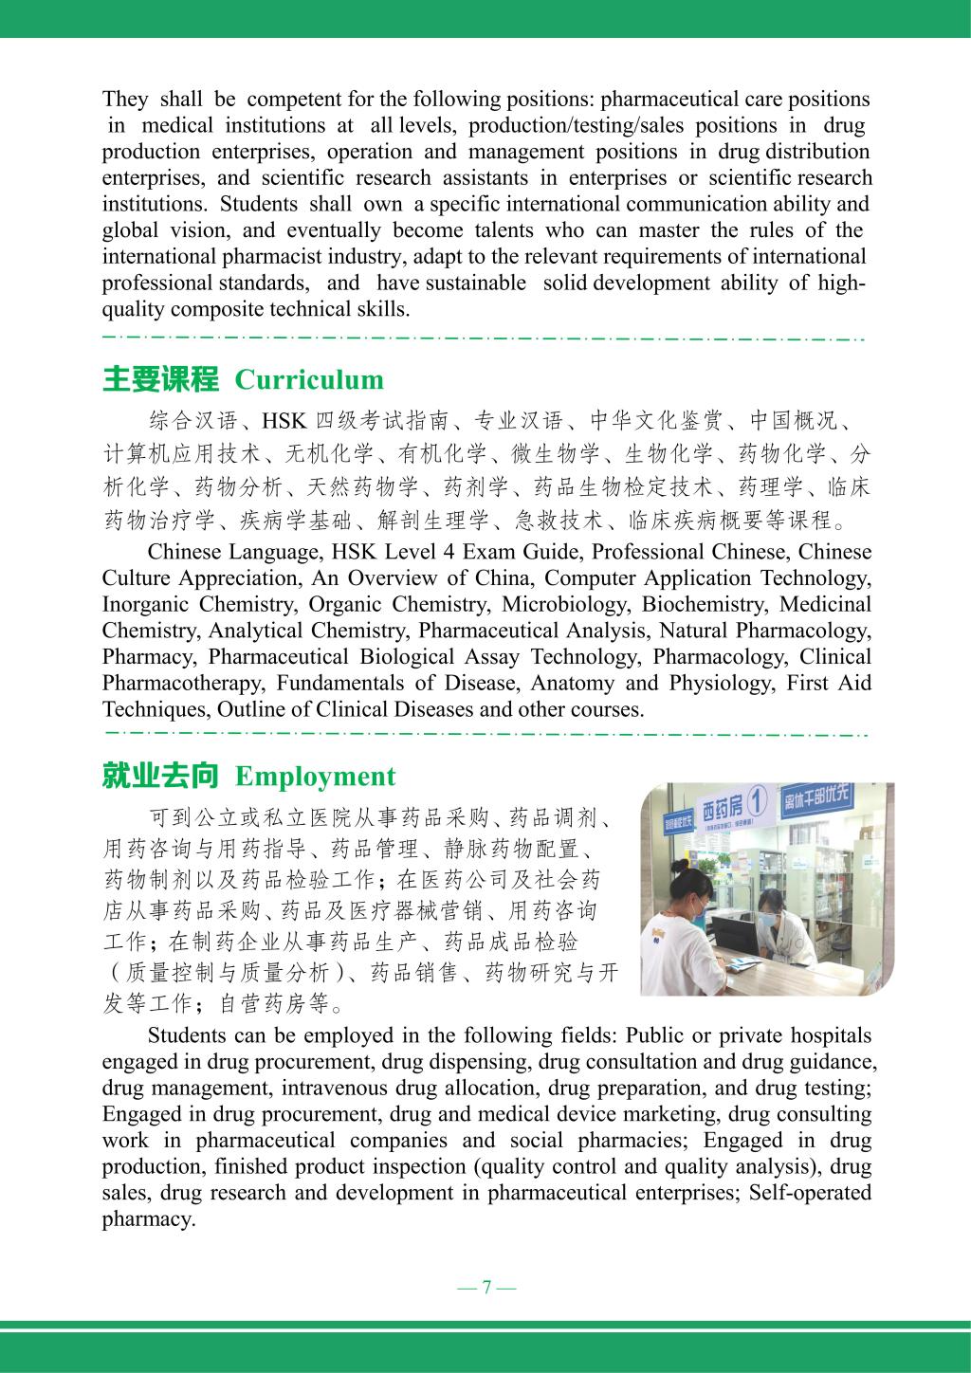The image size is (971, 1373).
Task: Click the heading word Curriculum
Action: (x=308, y=380)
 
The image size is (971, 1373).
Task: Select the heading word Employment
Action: (x=315, y=777)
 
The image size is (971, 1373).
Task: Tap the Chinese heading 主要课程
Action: (x=160, y=380)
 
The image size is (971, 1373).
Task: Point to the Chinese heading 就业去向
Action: (x=160, y=777)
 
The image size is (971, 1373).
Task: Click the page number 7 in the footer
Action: (x=486, y=1287)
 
